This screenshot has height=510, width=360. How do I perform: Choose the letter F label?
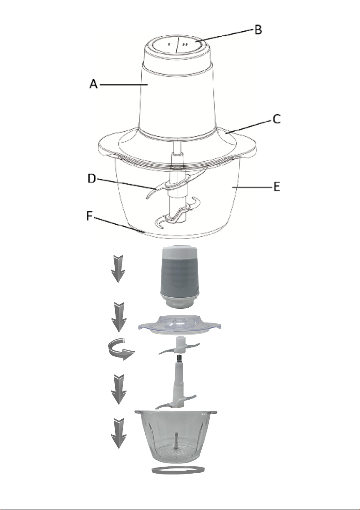tap(90, 219)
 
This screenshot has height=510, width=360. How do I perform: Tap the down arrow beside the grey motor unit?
tap(117, 268)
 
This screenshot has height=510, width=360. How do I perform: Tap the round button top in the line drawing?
tap(176, 45)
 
